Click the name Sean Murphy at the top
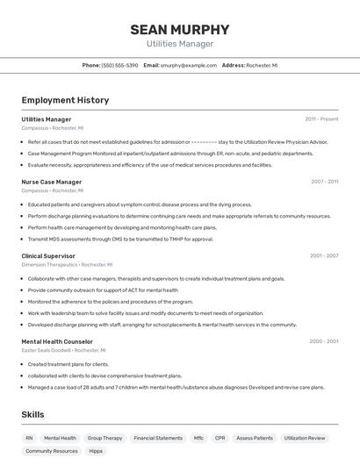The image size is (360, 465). tap(179, 29)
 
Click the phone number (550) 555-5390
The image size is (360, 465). tap(119, 65)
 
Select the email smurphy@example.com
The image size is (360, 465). tap(188, 65)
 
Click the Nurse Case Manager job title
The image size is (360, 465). tap(52, 182)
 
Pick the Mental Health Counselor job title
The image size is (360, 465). tap(57, 341)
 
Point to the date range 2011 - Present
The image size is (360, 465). tap(321, 118)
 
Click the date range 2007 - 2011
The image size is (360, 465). tap(324, 182)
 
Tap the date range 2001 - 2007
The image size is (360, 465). tap(324, 256)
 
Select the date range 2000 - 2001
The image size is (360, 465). tap(324, 341)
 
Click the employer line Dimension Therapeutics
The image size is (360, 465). tap(49, 264)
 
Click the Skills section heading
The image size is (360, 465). tap(33, 414)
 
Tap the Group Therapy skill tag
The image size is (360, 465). tap(105, 437)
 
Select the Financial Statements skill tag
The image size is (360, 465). tap(158, 437)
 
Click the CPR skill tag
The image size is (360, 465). tap(220, 437)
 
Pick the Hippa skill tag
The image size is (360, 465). tap(96, 451)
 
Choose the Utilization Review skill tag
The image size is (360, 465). tap(305, 437)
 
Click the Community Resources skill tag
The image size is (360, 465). tap(51, 451)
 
